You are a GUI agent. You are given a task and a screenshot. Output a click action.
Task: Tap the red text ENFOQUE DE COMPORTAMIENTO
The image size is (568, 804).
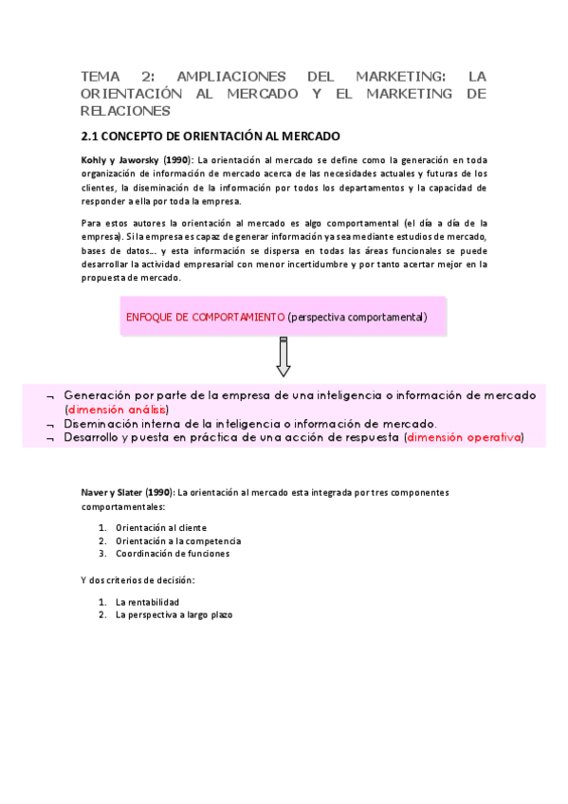pos(205,317)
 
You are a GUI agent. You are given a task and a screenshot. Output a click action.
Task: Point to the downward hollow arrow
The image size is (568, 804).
pos(283,357)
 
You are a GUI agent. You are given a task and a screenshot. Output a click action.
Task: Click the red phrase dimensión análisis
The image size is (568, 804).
pos(117,409)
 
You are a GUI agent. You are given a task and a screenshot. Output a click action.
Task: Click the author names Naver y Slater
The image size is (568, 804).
pos(125,493)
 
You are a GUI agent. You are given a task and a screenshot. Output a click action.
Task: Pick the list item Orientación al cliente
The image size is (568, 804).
pos(160,527)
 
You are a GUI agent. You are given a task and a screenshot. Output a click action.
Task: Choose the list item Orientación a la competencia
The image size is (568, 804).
pos(171,540)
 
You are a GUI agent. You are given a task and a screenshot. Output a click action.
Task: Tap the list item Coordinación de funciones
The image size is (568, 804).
pos(172,554)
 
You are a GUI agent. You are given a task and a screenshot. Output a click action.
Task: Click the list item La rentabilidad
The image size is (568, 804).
pos(147,601)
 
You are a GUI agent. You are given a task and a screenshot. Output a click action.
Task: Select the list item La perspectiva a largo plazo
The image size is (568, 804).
pos(174,614)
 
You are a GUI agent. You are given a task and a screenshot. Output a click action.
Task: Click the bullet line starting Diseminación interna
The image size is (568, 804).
pos(249,423)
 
